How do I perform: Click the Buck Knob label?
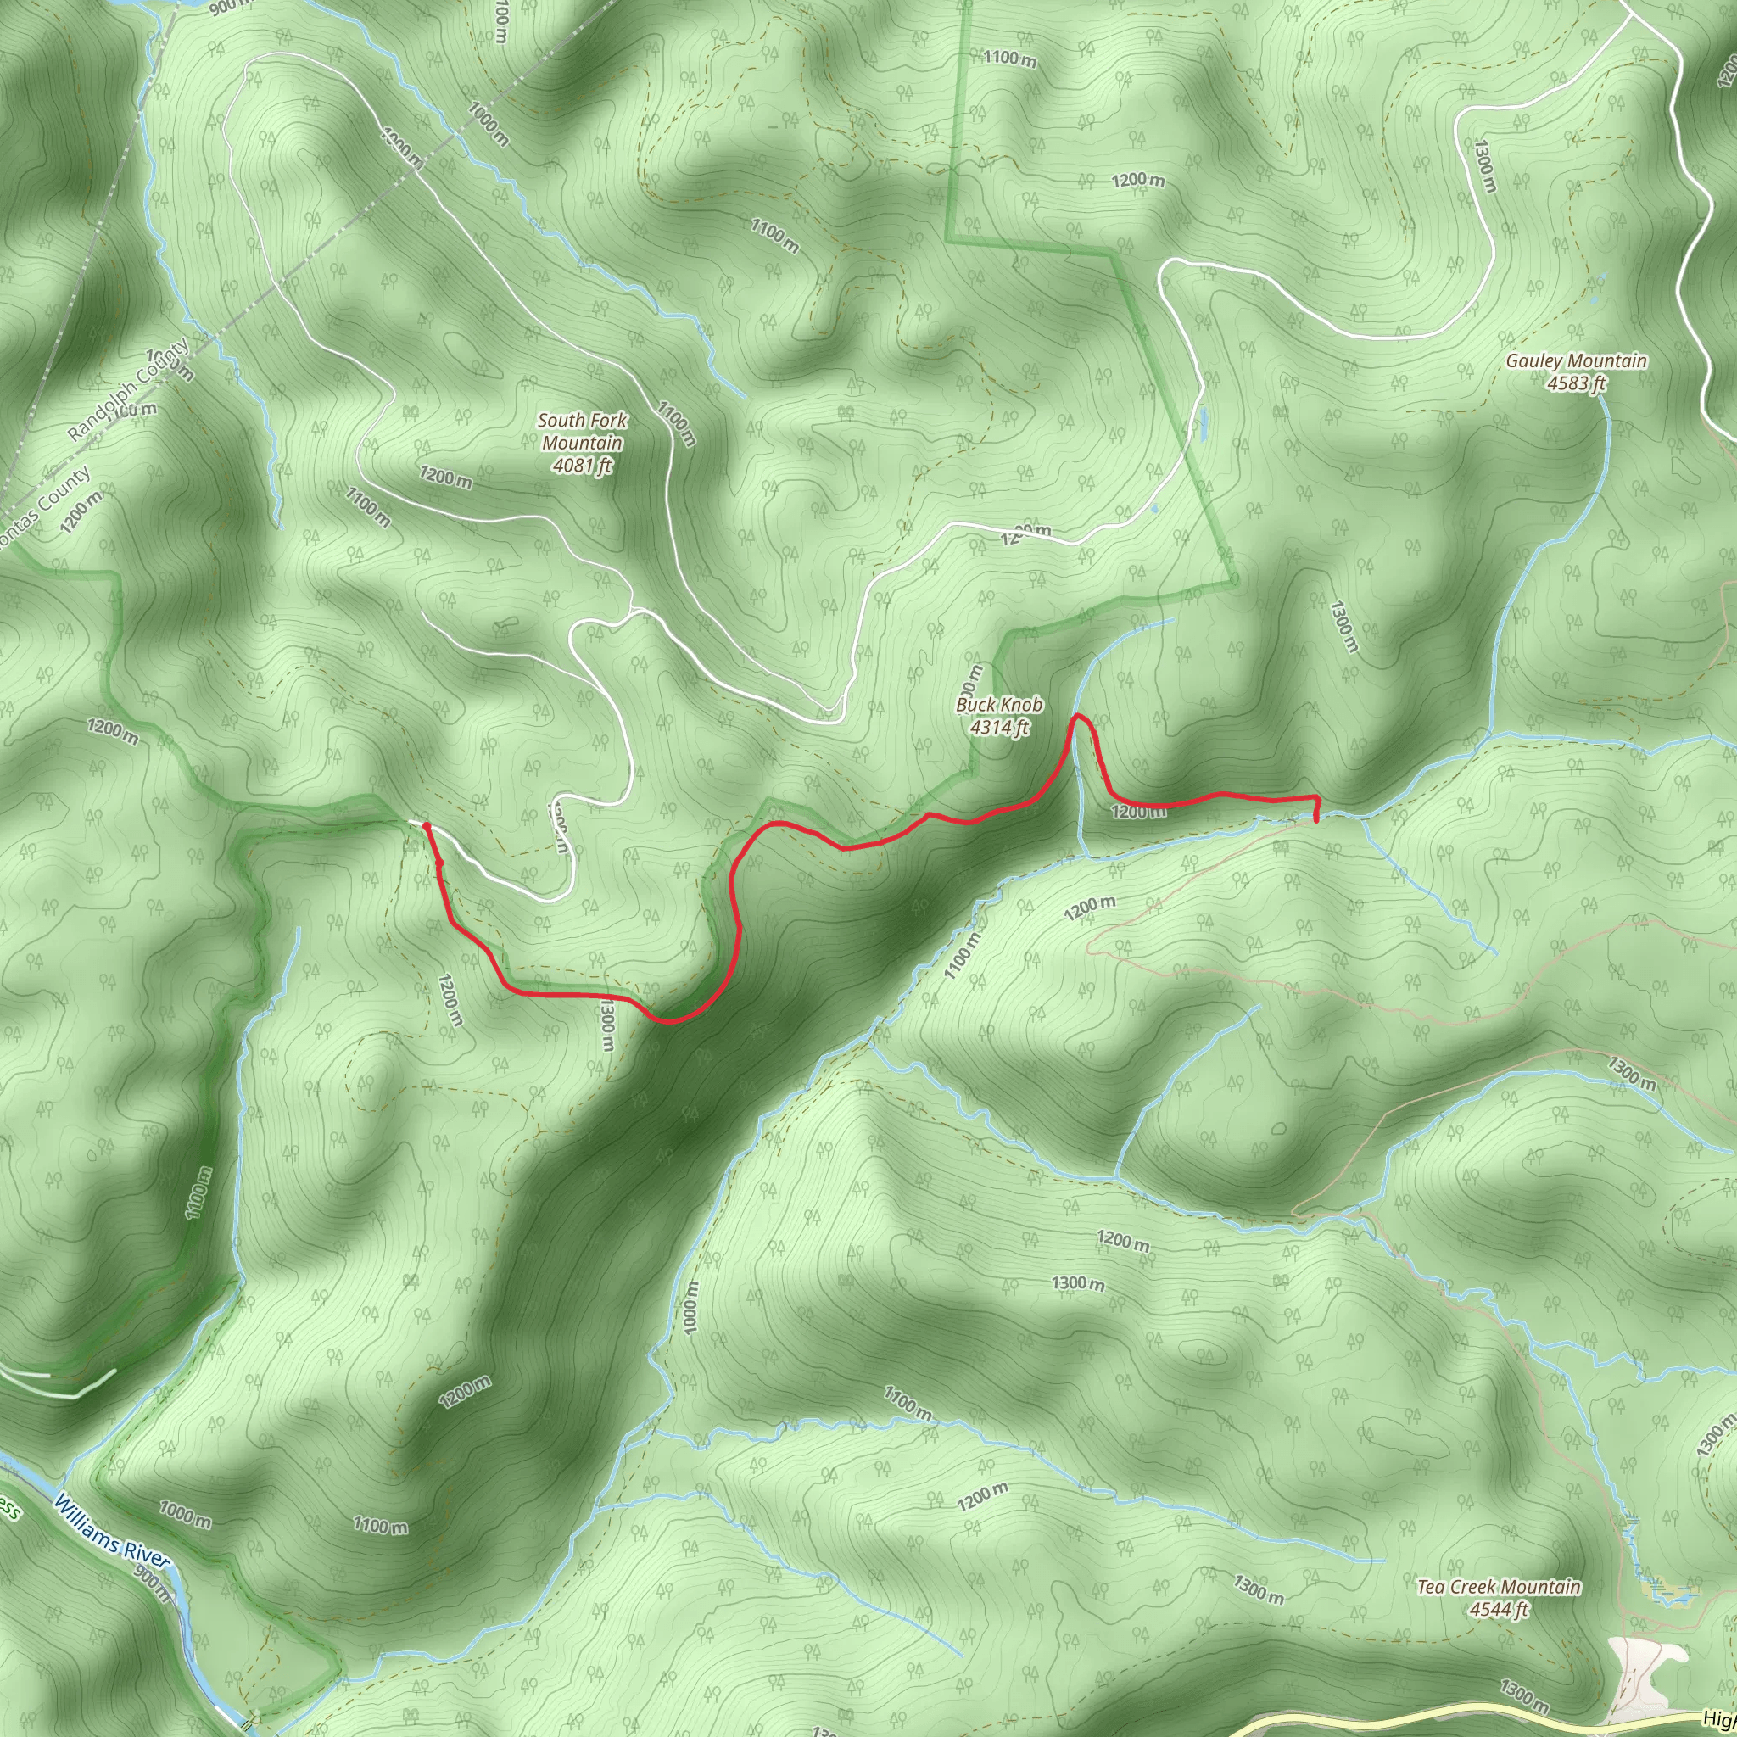click(999, 705)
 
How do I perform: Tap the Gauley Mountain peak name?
click(1576, 360)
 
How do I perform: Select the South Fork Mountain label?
click(583, 432)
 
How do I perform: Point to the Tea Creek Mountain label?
click(1499, 1587)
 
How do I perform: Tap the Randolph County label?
click(128, 390)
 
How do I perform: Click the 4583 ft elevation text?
click(1576, 384)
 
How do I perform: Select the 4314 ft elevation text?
click(999, 728)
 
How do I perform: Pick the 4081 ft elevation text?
click(583, 466)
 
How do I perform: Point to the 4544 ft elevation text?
click(1499, 1609)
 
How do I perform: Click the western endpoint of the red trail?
click(425, 824)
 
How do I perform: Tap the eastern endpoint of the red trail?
click(1316, 820)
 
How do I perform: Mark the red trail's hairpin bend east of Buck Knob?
click(1078, 717)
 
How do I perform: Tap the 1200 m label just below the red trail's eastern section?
click(1138, 813)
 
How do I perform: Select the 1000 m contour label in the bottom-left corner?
click(185, 1514)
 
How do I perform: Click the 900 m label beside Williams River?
click(151, 1584)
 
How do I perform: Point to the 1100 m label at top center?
click(1009, 59)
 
